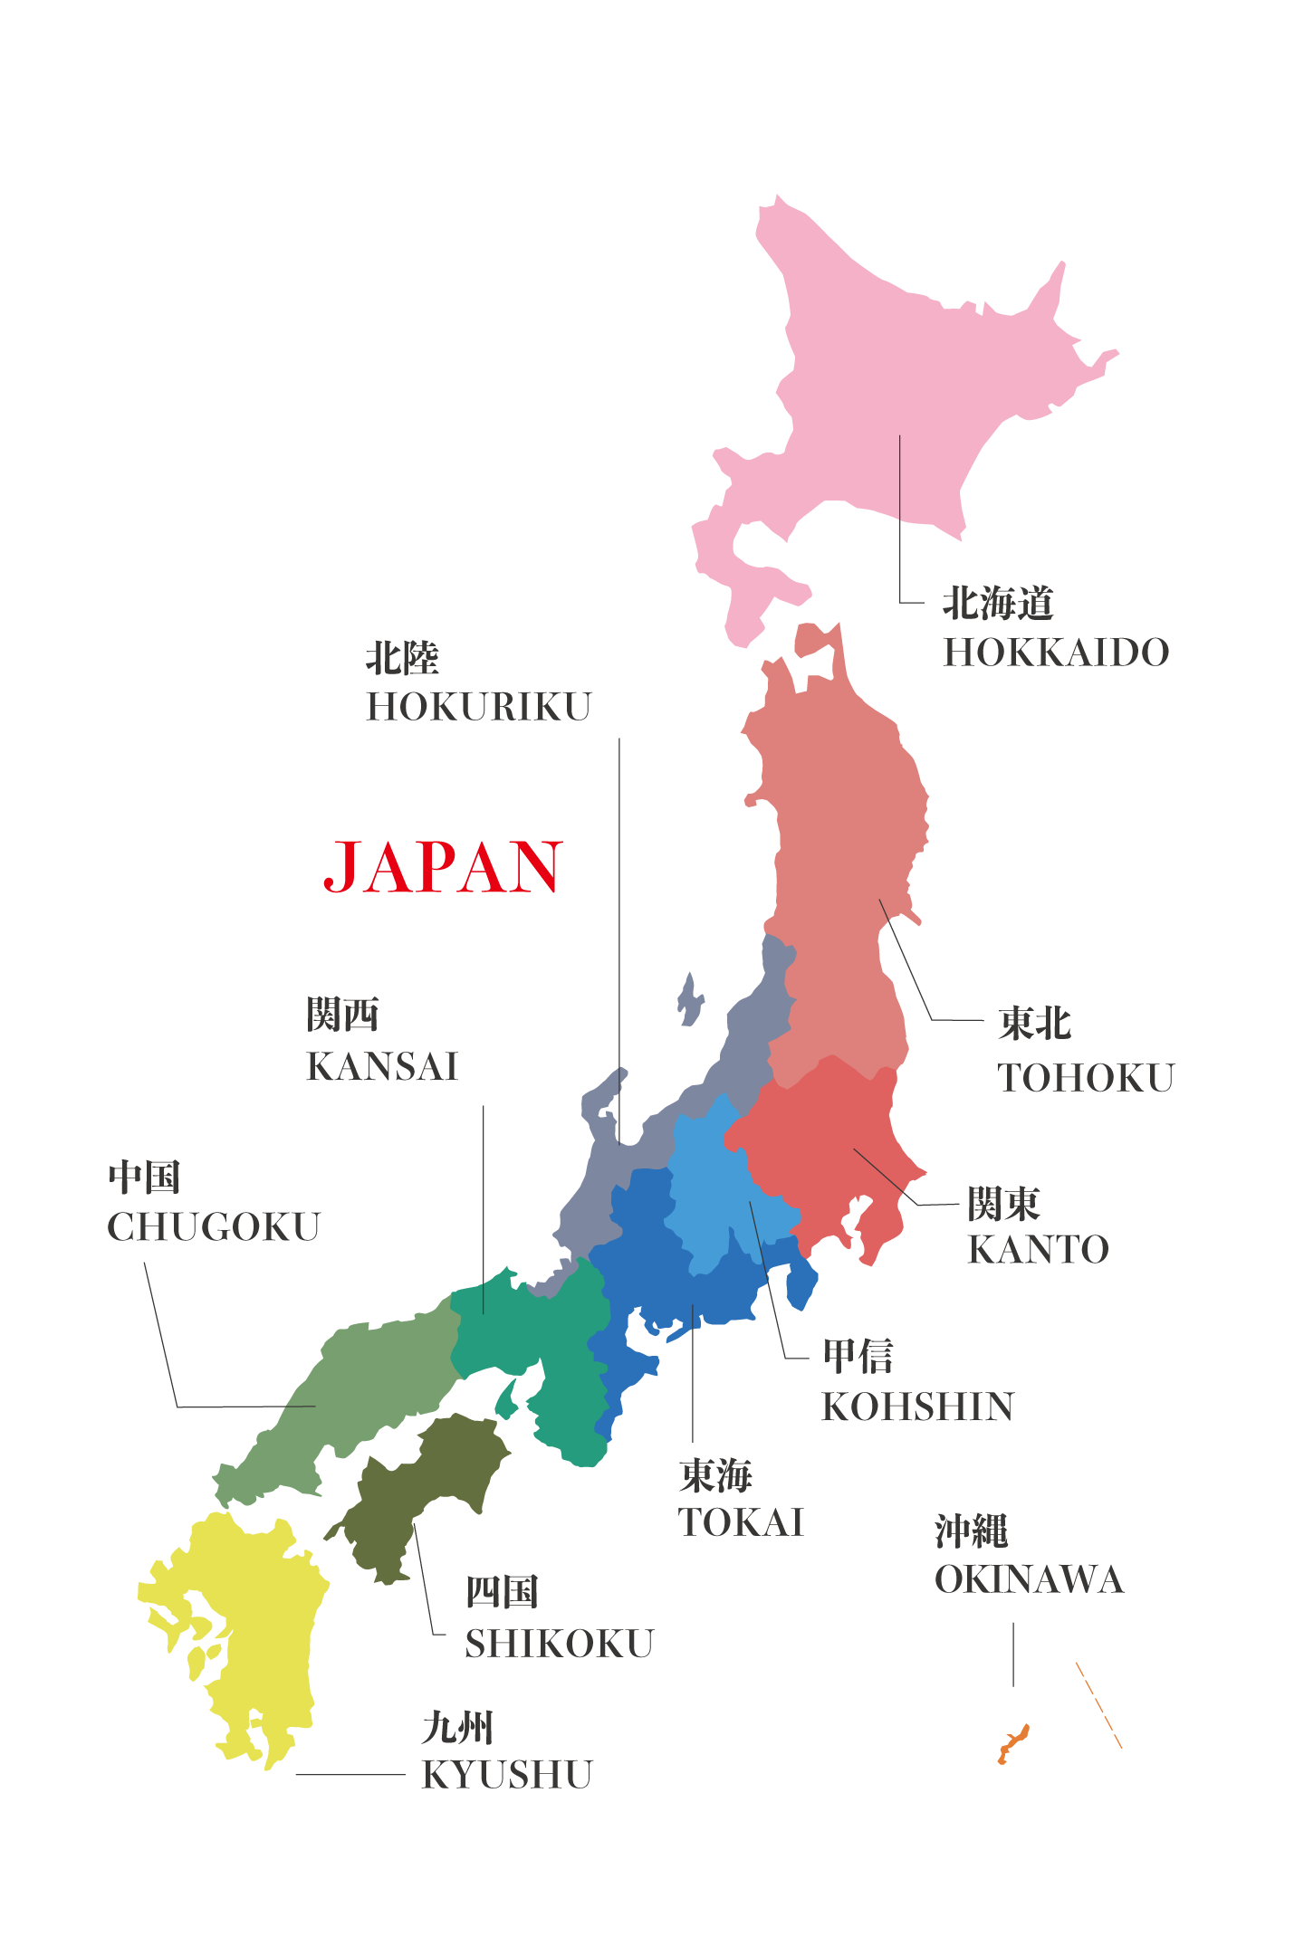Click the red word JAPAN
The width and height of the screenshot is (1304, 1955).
pyautogui.click(x=444, y=866)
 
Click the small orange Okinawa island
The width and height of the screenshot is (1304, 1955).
pyautogui.click(x=1012, y=1742)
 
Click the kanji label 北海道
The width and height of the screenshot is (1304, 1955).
pyautogui.click(x=998, y=603)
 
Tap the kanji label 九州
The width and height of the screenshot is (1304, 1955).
pyautogui.click(x=457, y=1728)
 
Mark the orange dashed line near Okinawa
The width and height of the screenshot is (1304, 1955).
pyautogui.click(x=1098, y=1703)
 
